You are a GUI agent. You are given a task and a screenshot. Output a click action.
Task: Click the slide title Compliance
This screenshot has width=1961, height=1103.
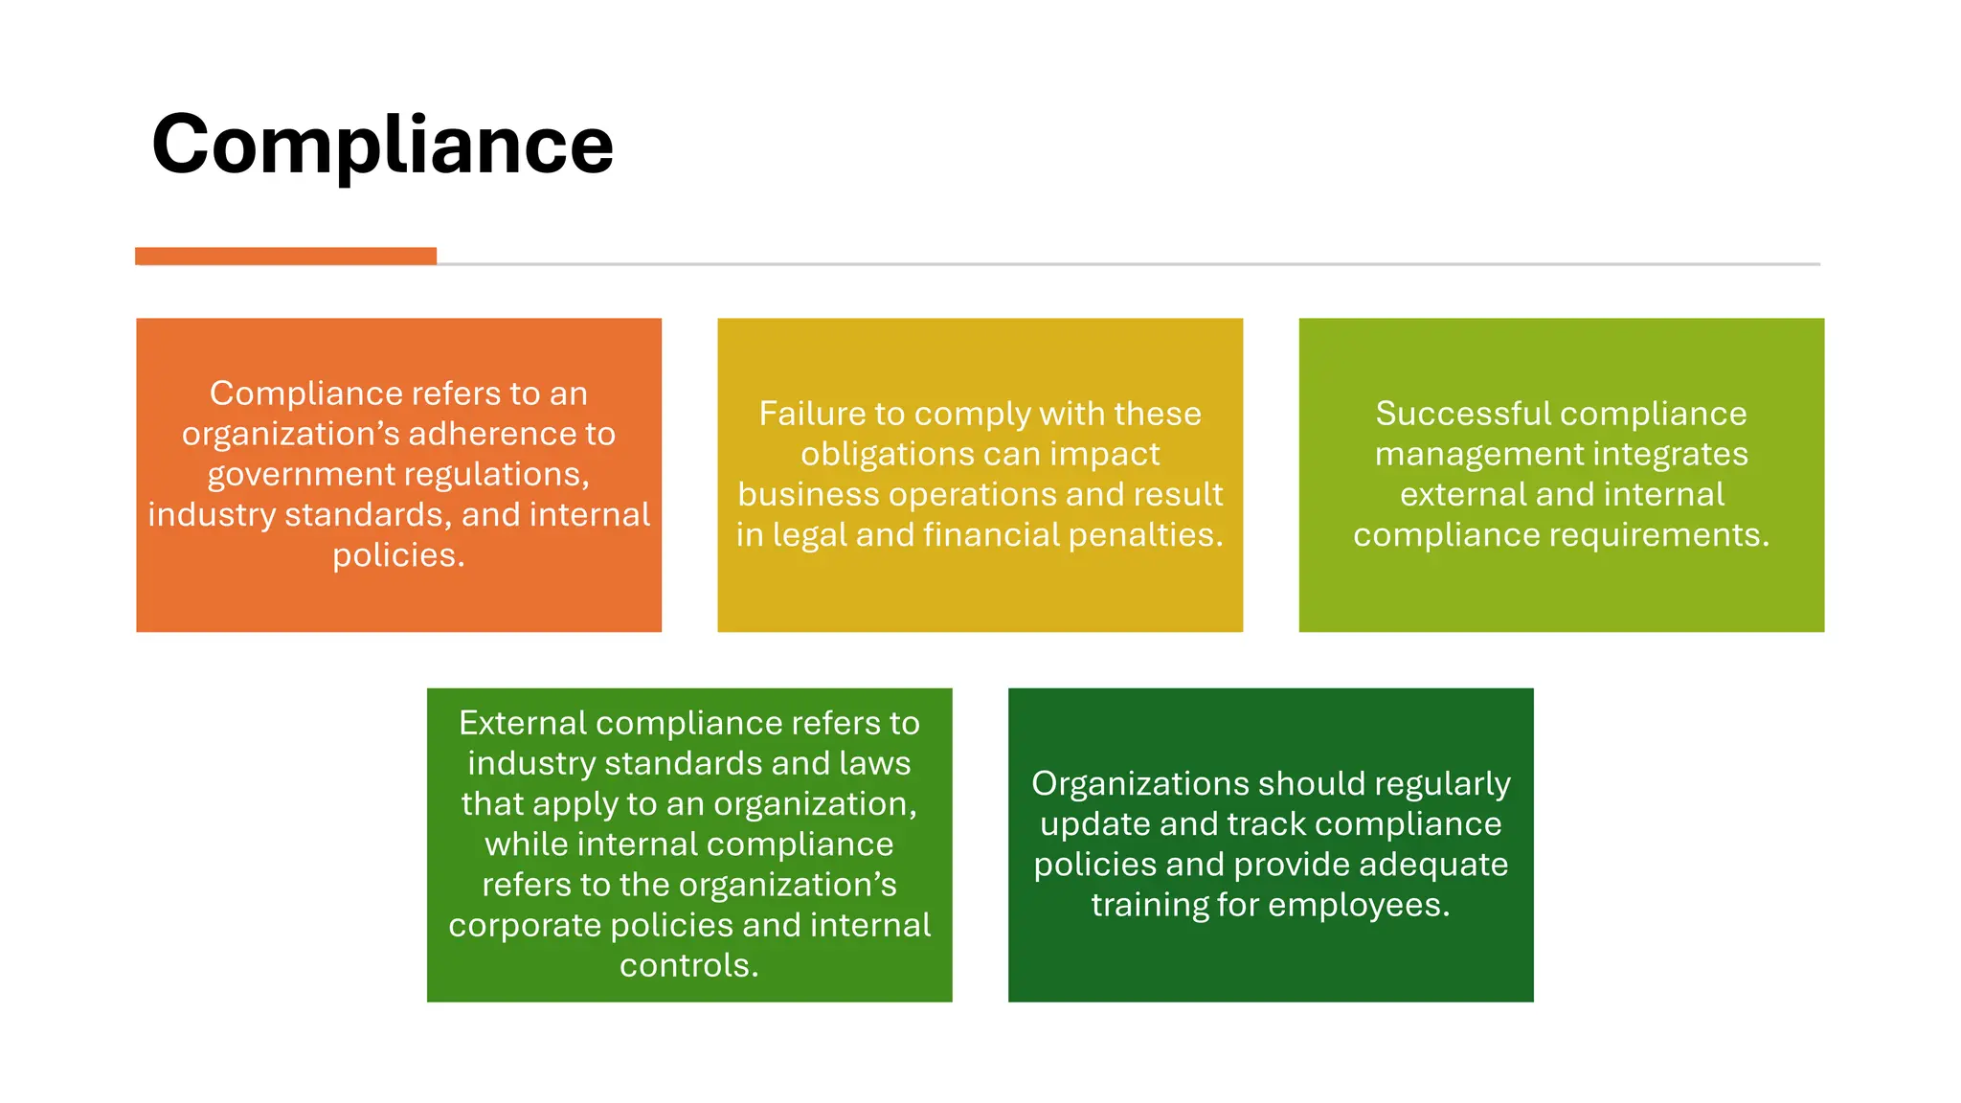382,145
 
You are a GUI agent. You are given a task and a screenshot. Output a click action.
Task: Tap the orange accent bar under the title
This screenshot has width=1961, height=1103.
285,256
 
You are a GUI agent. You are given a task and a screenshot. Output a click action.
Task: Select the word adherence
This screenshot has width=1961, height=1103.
485,434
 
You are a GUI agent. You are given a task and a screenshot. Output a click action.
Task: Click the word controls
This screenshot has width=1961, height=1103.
688,965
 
